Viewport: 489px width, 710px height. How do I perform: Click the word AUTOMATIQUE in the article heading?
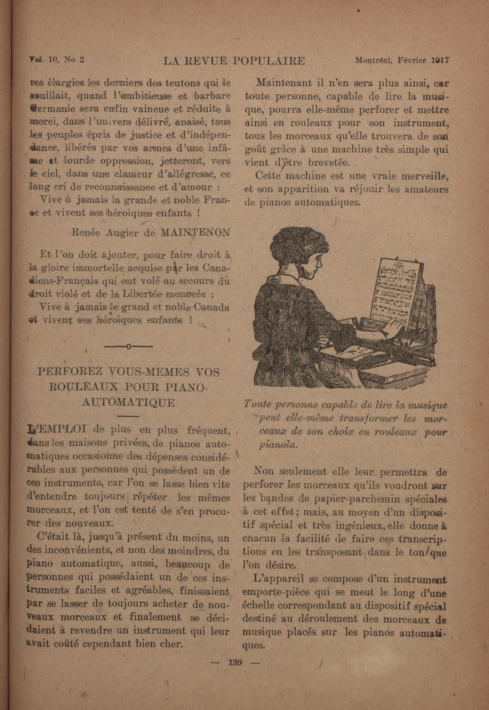coord(128,402)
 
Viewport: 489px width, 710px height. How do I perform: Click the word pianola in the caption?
coord(278,445)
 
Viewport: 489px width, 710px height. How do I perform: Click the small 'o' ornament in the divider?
coord(128,347)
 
